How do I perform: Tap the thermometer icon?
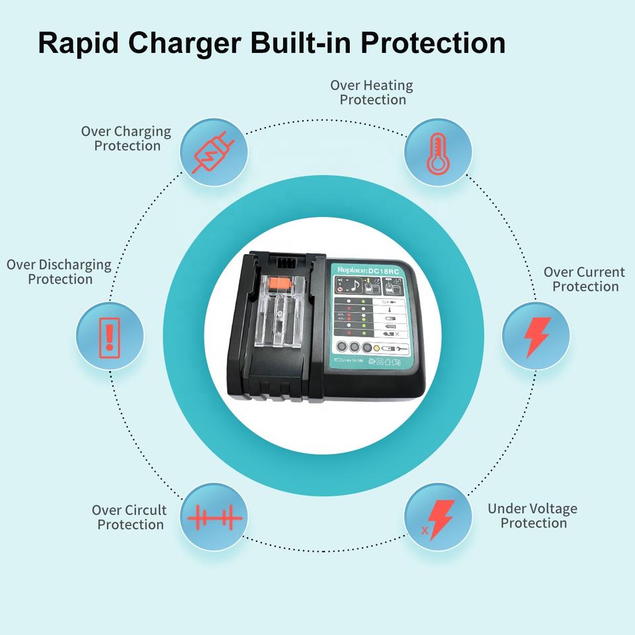[437, 153]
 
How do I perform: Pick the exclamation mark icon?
[110, 334]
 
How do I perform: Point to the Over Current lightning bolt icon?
[536, 336]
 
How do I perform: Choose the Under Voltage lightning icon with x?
[438, 518]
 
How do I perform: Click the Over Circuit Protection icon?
[214, 517]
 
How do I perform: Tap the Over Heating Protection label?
[372, 93]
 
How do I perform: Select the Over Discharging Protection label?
[59, 272]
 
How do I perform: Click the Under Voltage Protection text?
[532, 516]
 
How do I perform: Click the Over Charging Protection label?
[126, 138]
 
